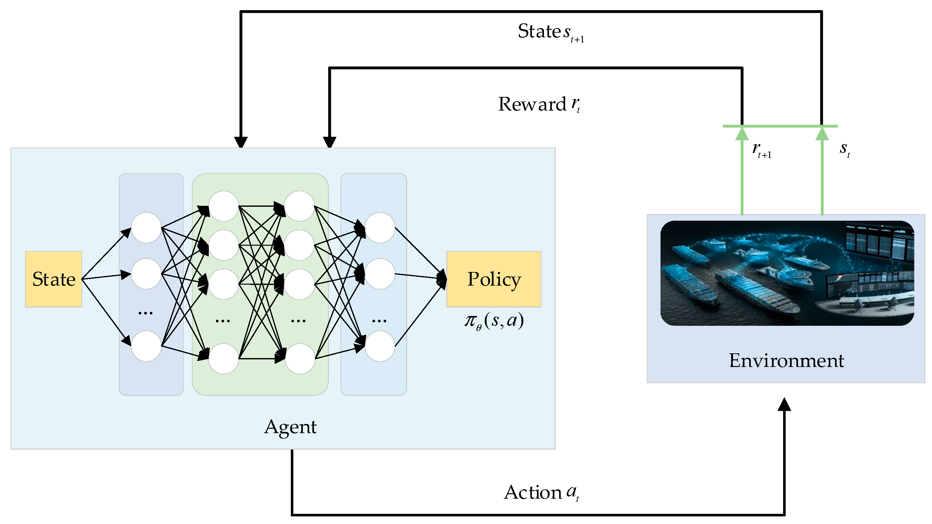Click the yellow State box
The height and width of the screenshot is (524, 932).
[x=54, y=279]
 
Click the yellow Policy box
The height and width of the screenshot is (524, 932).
[x=494, y=279]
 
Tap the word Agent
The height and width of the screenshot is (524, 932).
[x=290, y=427]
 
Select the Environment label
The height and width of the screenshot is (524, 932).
[x=786, y=361]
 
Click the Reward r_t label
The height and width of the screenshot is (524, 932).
[x=539, y=104]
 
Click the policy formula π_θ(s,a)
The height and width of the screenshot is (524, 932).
[x=494, y=321]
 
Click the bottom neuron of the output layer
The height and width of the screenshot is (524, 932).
[x=380, y=346]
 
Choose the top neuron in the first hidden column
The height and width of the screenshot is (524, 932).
[x=224, y=206]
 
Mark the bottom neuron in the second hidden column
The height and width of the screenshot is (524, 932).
[x=300, y=358]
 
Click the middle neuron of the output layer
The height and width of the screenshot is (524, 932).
[x=380, y=274]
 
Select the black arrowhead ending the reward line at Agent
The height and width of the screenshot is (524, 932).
[x=329, y=142]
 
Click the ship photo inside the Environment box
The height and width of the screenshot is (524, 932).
[x=787, y=273]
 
